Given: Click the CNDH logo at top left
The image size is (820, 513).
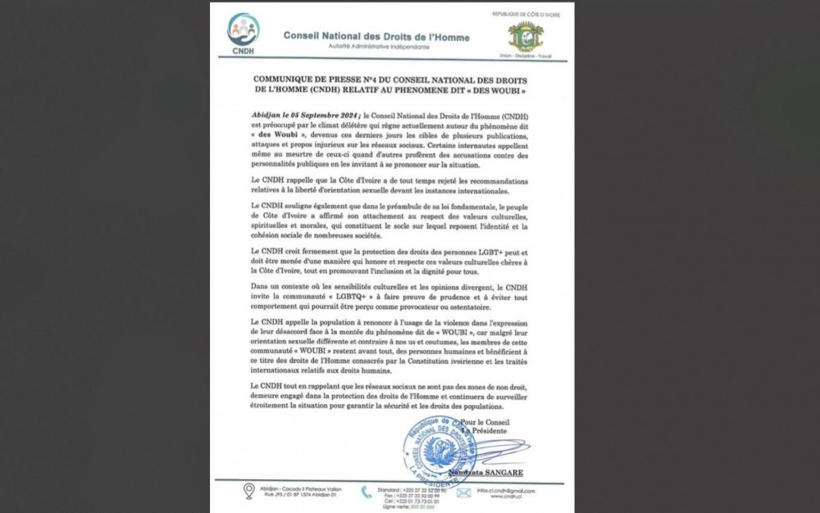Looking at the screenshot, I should [243, 33].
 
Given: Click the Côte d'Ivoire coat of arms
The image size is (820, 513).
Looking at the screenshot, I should [525, 37].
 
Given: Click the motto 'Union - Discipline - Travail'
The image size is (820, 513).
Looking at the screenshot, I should [525, 57].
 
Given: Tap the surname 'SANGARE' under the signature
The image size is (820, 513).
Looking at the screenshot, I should [503, 473].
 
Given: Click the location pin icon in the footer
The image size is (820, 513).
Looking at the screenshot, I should [248, 492].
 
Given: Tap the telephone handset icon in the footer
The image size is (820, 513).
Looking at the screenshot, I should [366, 493].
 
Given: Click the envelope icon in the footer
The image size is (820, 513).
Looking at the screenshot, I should [463, 493].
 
